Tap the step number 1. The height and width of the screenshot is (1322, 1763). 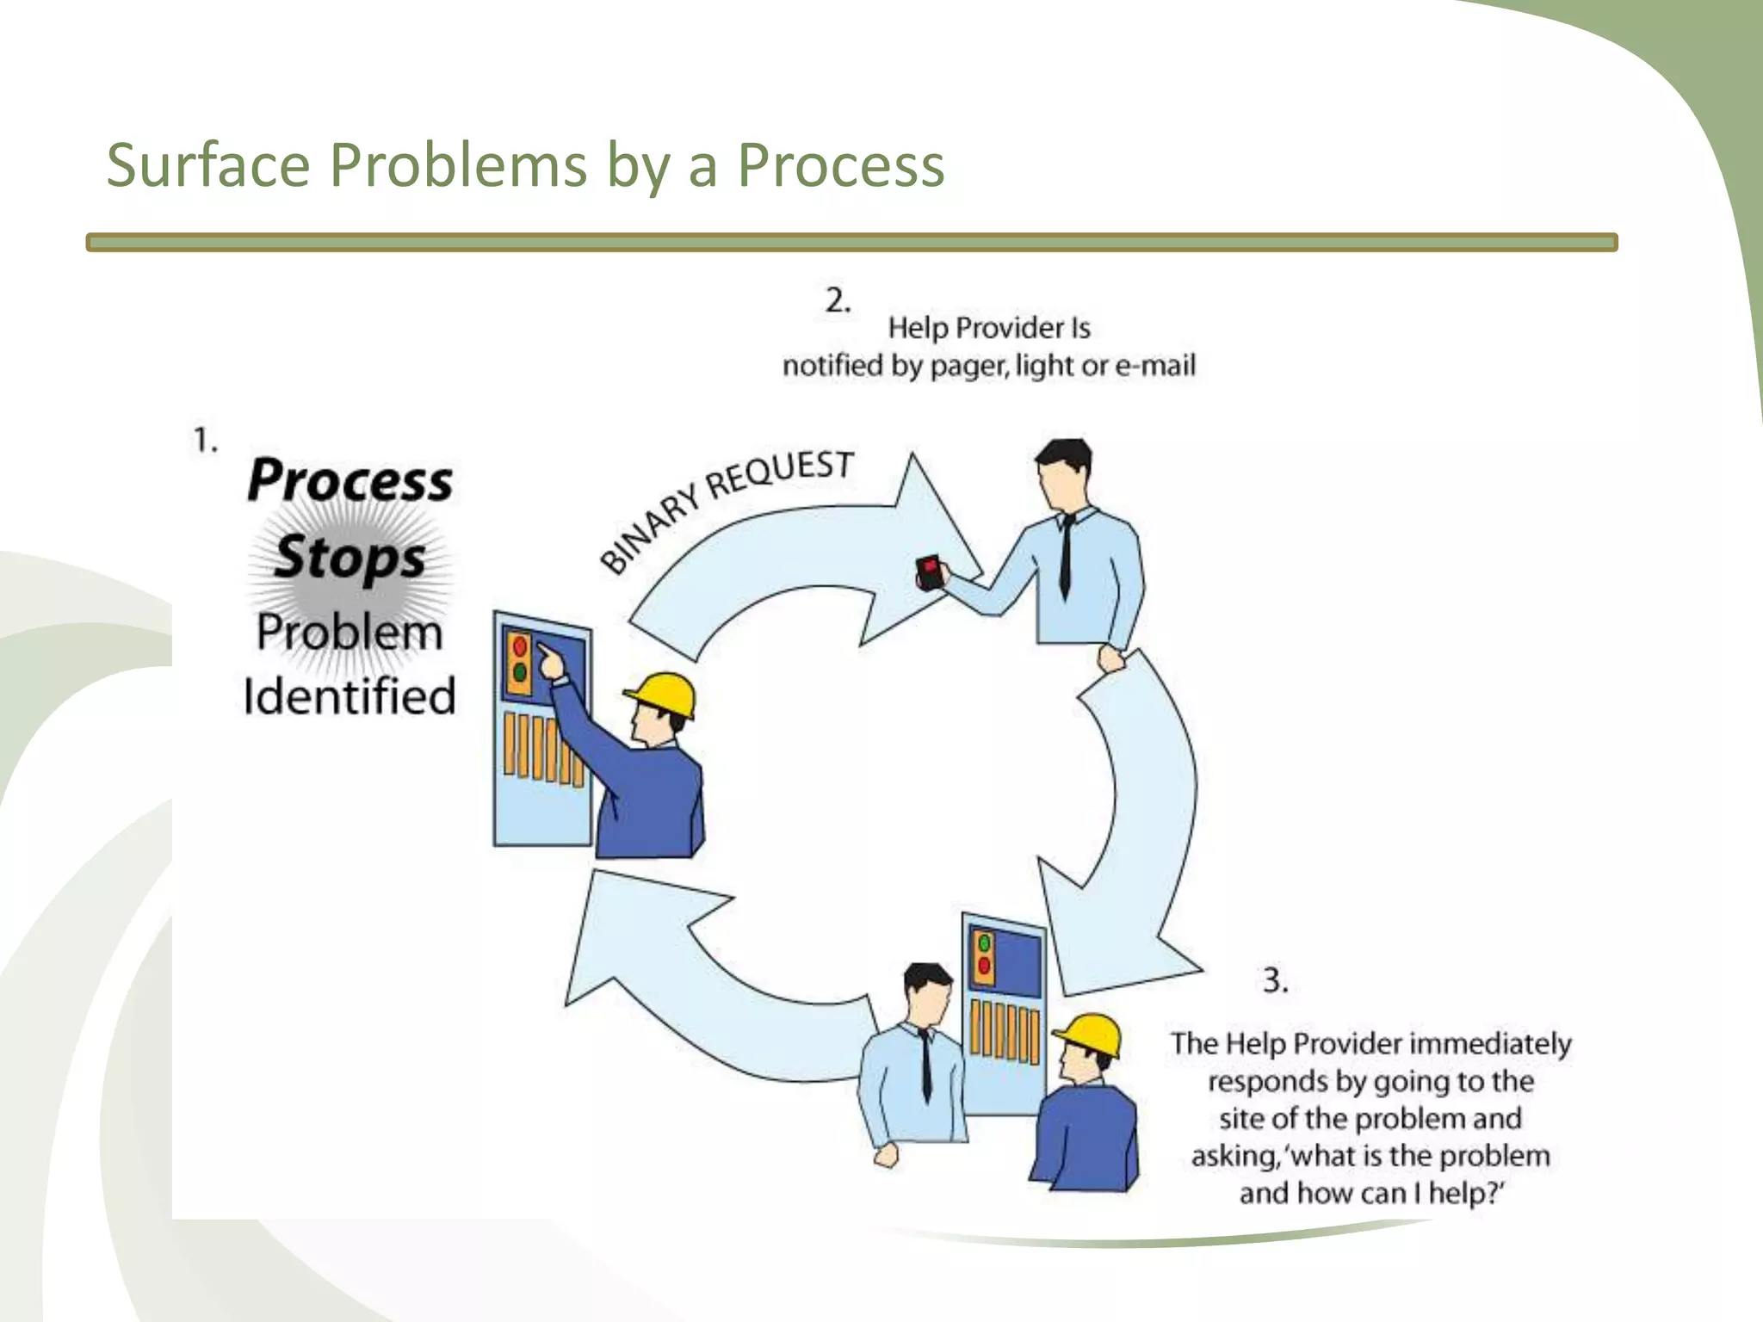coord(203,441)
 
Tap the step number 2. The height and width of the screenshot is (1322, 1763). coord(837,300)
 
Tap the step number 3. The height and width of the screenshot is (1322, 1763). coord(1274,980)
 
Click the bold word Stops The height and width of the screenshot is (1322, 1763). coord(350,557)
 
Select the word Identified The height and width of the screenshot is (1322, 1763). coord(349,696)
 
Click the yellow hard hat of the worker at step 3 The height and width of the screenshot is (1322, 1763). coord(1090,1034)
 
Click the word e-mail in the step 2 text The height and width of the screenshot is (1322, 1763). coord(1155,367)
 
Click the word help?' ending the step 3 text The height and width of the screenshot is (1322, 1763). coord(1466,1194)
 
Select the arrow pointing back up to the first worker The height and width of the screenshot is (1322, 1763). coord(689,973)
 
